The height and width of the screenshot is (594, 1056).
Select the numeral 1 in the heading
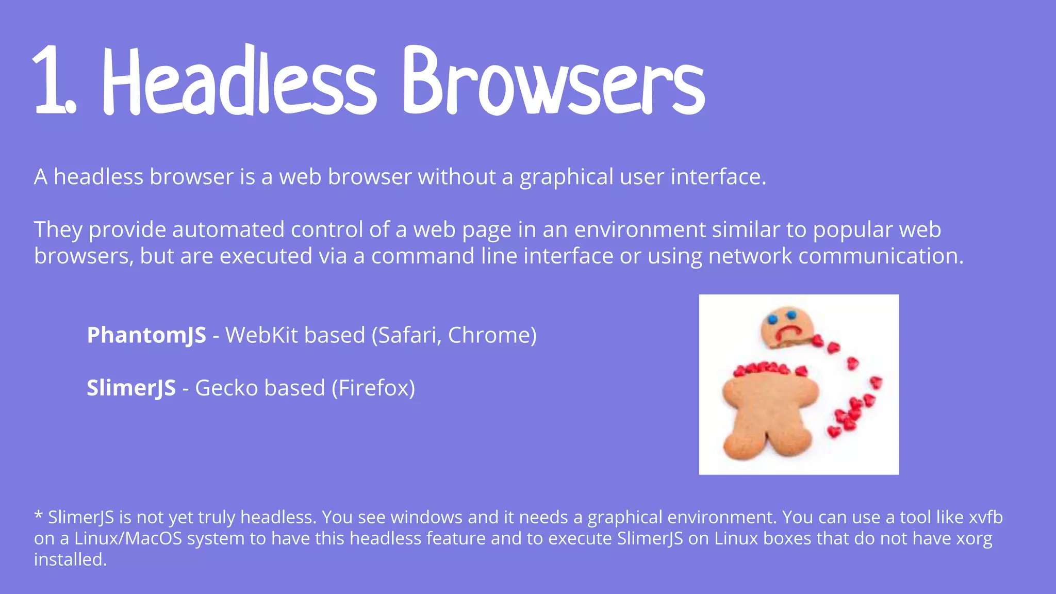52,80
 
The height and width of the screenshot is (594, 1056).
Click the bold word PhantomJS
146,335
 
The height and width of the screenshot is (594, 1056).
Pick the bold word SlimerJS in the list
131,388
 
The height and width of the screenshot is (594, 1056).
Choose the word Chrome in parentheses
490,335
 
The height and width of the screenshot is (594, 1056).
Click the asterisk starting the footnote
38,516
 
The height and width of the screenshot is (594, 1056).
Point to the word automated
228,230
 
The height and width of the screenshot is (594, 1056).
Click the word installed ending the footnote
70,559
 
